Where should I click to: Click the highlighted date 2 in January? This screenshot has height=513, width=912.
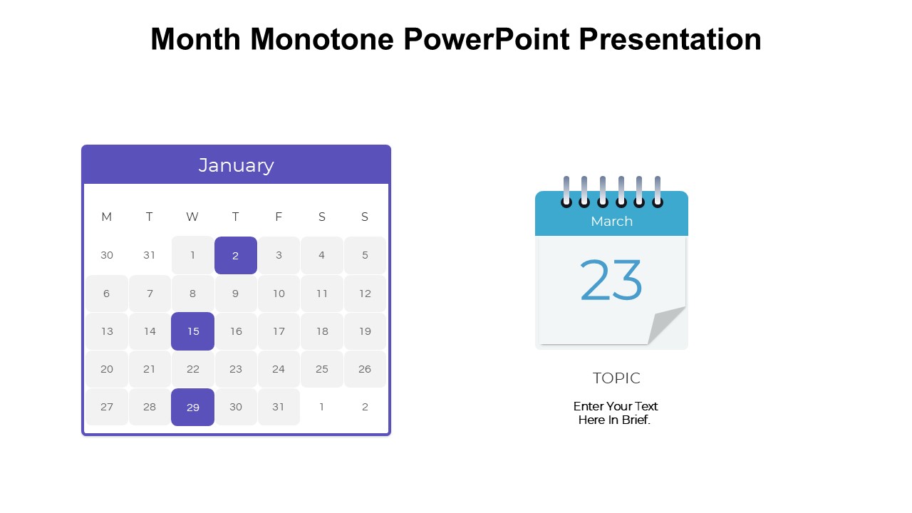click(236, 255)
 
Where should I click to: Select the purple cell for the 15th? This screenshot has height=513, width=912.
click(192, 331)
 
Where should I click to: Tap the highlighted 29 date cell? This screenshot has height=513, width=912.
click(192, 407)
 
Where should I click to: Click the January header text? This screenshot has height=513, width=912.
click(236, 165)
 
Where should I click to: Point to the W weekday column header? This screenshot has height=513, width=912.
click(192, 217)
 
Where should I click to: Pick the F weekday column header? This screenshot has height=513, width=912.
click(279, 217)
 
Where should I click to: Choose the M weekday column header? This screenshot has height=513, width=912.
click(107, 217)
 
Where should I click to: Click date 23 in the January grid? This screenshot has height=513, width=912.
click(236, 369)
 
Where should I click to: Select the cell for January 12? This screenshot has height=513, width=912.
click(365, 294)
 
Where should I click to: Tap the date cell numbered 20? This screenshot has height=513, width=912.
click(107, 369)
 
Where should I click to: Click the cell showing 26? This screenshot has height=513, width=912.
click(365, 369)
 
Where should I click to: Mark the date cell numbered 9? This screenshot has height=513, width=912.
click(236, 294)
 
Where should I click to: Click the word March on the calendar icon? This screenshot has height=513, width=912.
click(611, 221)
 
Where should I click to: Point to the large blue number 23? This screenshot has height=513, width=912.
click(611, 280)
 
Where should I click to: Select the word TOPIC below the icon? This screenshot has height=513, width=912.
click(616, 378)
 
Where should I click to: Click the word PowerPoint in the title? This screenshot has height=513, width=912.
click(487, 39)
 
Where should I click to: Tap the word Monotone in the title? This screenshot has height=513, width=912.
click(322, 39)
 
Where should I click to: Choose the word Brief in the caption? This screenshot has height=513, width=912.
click(636, 420)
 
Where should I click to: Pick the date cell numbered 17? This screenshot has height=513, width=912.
click(279, 331)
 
